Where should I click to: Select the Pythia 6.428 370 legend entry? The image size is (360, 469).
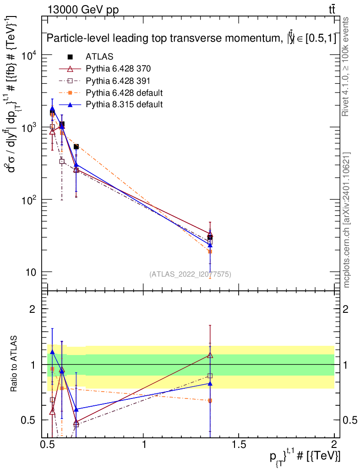(x=118, y=69)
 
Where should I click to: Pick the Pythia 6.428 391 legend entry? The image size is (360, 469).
(x=118, y=81)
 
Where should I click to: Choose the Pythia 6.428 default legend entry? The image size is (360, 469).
(x=124, y=93)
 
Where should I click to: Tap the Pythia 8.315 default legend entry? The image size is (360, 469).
(x=124, y=104)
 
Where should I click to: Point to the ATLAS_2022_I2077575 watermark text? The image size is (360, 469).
(x=190, y=274)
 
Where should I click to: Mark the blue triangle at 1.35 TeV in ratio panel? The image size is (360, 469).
(x=210, y=383)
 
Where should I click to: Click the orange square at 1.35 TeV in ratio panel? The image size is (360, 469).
(x=210, y=400)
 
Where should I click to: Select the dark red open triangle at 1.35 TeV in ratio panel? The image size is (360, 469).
(x=210, y=355)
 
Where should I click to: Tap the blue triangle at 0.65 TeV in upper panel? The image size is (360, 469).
(x=76, y=164)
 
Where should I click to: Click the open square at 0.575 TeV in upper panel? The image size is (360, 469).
(x=62, y=161)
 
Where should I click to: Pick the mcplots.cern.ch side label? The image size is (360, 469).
(x=347, y=220)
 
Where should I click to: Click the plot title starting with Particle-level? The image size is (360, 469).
(x=191, y=39)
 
